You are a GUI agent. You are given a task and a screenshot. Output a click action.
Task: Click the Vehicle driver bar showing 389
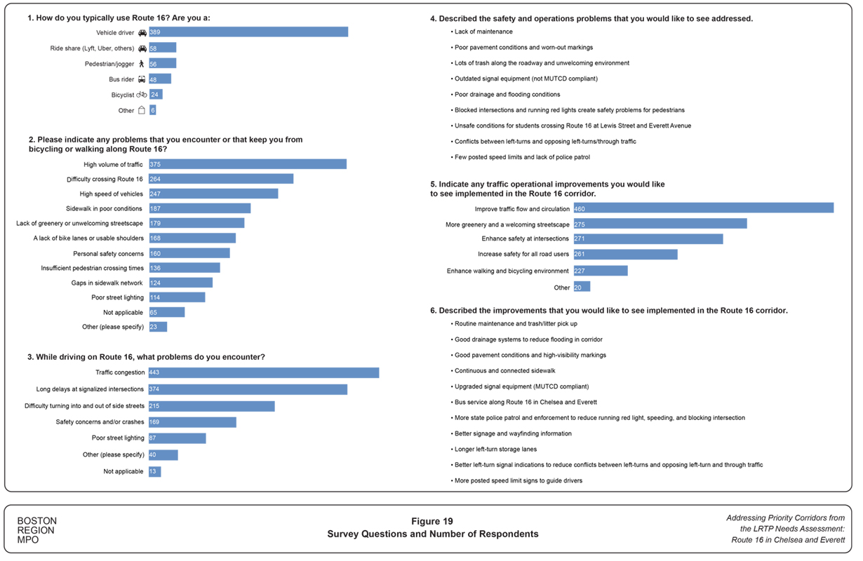(x=248, y=32)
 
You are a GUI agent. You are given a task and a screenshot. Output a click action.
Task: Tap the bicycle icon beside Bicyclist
(x=142, y=95)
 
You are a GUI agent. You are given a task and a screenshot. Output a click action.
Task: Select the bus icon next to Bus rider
(x=142, y=79)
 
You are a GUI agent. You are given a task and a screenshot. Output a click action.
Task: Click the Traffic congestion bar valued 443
(x=264, y=373)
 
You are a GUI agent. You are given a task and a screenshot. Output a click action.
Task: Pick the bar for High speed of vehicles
(x=213, y=194)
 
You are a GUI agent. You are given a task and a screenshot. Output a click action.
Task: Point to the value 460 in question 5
(x=580, y=209)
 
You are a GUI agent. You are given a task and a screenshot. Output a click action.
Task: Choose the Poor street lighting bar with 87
(x=178, y=438)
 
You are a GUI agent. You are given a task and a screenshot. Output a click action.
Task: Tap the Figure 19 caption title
(x=432, y=522)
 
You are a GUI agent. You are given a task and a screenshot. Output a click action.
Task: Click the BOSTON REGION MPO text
(x=36, y=531)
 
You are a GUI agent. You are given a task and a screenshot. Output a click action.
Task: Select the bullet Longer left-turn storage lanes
(x=495, y=450)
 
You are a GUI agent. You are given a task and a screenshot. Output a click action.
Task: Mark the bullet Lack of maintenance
(x=483, y=32)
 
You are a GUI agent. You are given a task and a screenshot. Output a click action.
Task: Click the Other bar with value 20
(x=582, y=287)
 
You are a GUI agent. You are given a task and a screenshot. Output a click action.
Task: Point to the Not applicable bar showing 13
(x=155, y=472)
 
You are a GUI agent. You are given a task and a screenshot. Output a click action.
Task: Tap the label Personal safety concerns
(x=108, y=254)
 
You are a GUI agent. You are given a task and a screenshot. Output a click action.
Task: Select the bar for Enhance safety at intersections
(x=648, y=239)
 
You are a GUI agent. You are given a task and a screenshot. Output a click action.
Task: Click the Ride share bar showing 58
(x=163, y=48)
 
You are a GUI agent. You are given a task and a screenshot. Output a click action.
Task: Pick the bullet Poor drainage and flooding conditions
(x=507, y=95)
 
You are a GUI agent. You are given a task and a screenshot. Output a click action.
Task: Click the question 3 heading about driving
(x=146, y=357)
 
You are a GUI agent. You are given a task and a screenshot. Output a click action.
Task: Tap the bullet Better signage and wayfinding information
(x=513, y=434)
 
